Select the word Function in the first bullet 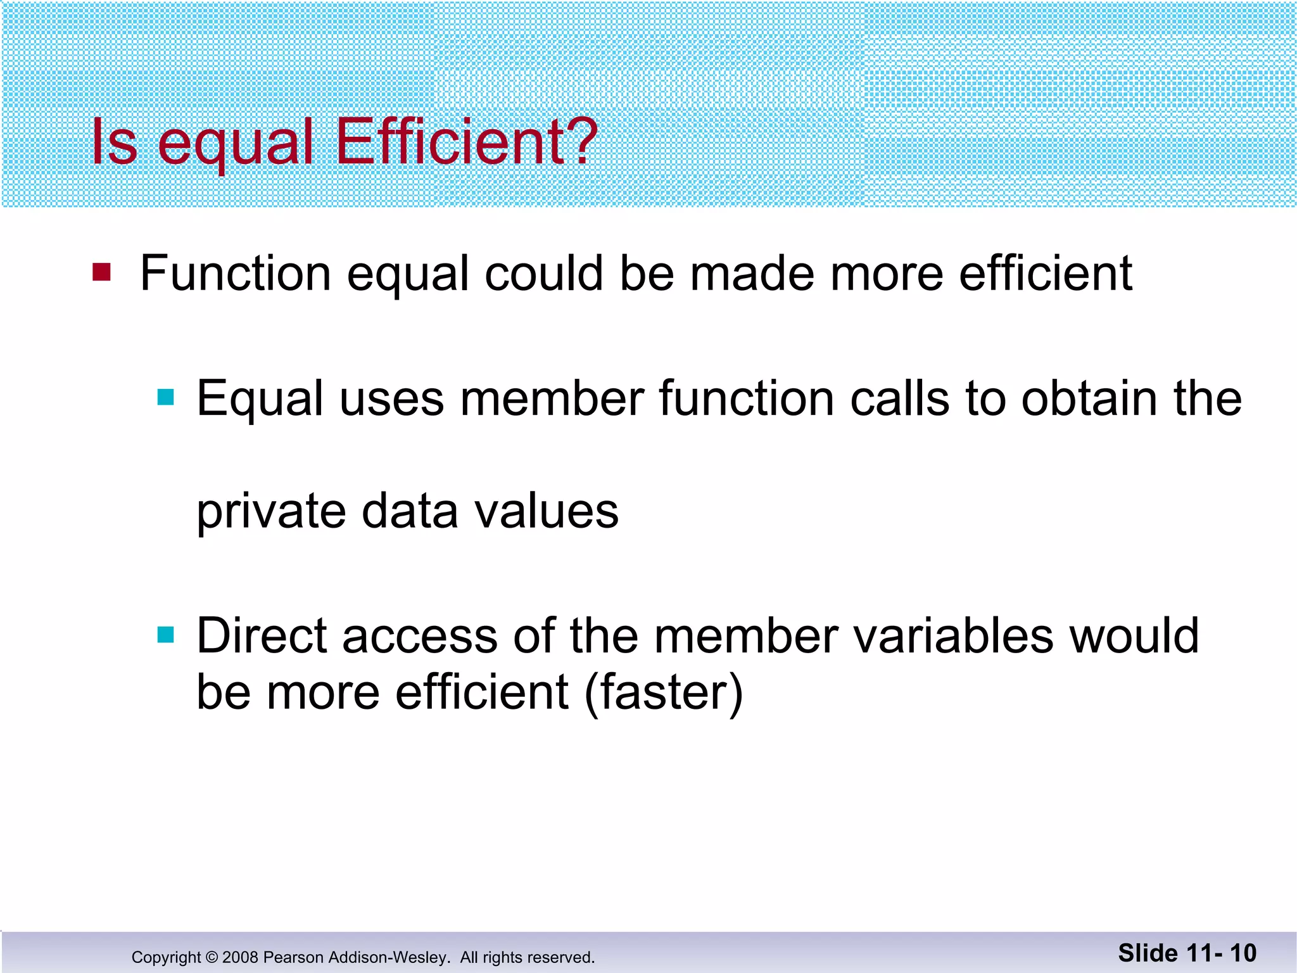(235, 274)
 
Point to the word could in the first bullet (543, 274)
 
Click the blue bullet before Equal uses (165, 397)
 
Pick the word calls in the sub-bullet (899, 399)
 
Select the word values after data (547, 511)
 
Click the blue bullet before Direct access (165, 634)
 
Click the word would (1134, 636)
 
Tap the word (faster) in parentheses (663, 692)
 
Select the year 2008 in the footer (240, 957)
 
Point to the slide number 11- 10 (1221, 953)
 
